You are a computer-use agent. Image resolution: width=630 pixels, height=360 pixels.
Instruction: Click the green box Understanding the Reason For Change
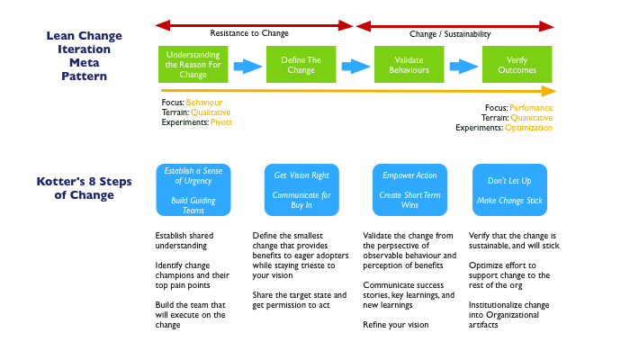coord(193,64)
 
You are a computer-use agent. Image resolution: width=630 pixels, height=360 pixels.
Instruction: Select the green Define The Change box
coord(301,64)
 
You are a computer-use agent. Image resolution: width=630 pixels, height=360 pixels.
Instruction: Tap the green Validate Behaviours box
coord(409,64)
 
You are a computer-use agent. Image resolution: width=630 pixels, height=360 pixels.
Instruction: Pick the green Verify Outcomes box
coord(517,64)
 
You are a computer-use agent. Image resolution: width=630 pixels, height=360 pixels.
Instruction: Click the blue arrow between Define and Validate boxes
coord(355,67)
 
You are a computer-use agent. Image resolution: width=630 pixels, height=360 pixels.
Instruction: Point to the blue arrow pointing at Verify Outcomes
coord(463,67)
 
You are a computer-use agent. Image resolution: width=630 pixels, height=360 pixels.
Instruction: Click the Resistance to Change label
coord(249,33)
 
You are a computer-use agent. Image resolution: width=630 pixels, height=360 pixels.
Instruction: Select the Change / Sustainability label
coord(450,34)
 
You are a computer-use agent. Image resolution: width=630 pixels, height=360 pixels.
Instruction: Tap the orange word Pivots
coord(221,122)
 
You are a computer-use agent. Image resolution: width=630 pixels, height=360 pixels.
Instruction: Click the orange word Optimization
coord(528,128)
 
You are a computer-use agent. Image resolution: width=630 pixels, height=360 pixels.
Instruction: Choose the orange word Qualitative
coord(211,112)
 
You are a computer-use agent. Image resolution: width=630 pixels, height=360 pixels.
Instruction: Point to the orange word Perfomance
coord(531,108)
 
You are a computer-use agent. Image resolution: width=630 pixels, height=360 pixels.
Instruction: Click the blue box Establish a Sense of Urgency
coord(193,190)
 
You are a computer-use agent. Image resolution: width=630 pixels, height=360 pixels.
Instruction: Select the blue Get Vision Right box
coord(301,190)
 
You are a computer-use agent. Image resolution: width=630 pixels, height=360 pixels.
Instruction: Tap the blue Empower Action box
coord(409,190)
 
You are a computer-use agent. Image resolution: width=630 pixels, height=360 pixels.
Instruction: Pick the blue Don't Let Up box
coord(509,190)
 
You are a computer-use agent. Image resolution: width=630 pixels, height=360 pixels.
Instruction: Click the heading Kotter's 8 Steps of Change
coord(84,188)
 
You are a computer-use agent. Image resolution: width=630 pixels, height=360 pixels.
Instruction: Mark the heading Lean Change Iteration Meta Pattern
coord(84,56)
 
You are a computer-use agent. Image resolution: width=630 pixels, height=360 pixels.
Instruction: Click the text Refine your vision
coord(396,325)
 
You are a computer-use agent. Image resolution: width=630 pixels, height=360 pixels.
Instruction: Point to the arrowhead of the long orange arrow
coord(555,91)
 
